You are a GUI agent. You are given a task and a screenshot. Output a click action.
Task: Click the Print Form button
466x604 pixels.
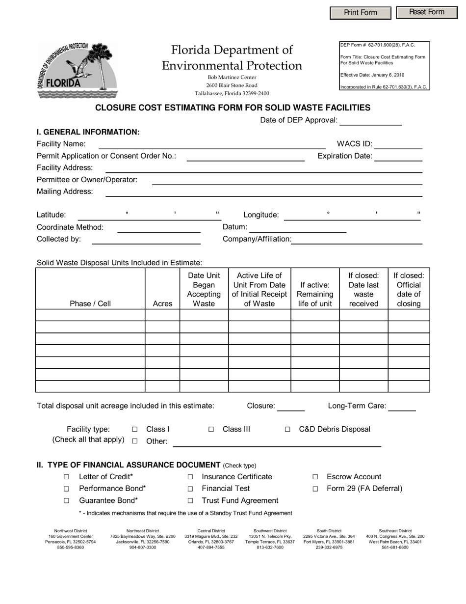tap(361, 13)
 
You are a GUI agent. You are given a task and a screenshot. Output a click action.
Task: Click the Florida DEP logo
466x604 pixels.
tap(77, 71)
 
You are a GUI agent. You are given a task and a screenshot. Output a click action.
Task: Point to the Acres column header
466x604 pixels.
tap(162, 303)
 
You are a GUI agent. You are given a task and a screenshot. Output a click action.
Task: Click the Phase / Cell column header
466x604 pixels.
tap(90, 303)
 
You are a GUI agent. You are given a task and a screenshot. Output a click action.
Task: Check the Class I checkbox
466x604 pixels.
tap(135, 429)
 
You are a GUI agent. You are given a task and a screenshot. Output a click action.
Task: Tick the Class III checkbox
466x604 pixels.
tap(211, 429)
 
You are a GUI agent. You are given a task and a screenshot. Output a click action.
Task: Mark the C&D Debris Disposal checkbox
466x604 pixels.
tap(287, 429)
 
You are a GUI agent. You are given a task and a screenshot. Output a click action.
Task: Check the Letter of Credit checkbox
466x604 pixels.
tap(66, 477)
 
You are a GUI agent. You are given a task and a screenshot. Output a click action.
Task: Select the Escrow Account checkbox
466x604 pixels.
tap(315, 477)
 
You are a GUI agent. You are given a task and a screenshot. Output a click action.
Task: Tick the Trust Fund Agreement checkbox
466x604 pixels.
tap(190, 501)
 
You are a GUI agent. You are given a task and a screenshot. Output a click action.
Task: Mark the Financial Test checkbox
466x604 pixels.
tap(190, 489)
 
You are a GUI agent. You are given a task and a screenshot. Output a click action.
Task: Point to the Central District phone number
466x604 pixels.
tap(211, 547)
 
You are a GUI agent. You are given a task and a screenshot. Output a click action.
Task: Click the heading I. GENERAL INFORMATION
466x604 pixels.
tap(88, 132)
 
